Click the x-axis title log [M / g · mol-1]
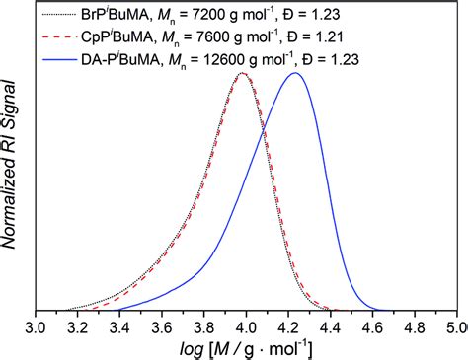click(247, 348)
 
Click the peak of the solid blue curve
click(293, 73)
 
